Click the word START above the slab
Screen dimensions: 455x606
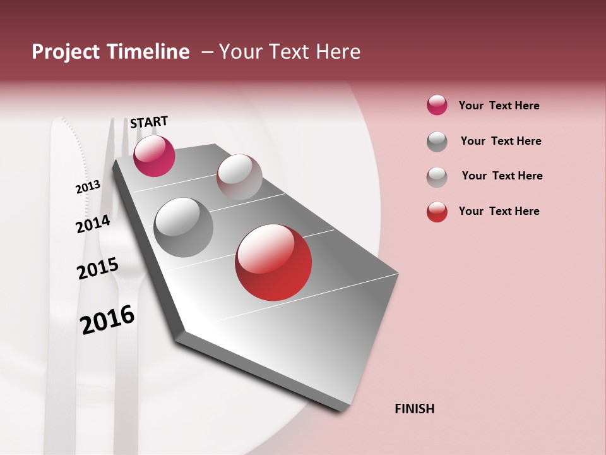[149, 121]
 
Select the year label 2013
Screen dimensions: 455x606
[88, 187]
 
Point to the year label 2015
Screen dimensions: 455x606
[98, 269]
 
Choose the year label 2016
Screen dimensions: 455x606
[107, 319]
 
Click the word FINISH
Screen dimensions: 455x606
[414, 409]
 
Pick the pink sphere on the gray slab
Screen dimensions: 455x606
[154, 155]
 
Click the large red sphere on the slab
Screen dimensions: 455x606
[273, 262]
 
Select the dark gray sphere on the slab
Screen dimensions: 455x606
[183, 227]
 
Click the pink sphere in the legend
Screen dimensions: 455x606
[437, 105]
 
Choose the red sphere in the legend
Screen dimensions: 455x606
[437, 212]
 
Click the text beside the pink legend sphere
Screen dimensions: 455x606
[499, 106]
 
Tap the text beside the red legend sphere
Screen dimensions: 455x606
[499, 211]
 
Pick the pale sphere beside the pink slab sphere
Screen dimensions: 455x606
[239, 176]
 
